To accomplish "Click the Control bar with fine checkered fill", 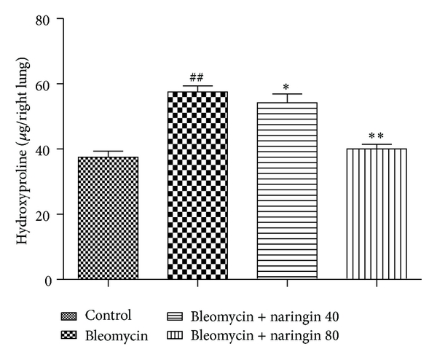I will (108, 218).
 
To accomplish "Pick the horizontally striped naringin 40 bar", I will (286, 190).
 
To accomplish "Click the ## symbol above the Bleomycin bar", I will (197, 76).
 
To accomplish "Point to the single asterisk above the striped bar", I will (286, 85).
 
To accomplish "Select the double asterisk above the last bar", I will (376, 136).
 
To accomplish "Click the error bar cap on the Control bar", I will (108, 151).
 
